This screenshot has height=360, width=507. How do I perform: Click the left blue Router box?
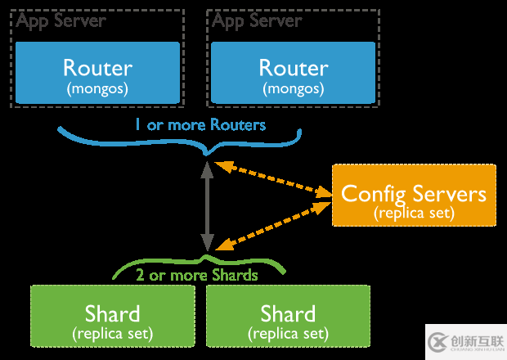point(97,74)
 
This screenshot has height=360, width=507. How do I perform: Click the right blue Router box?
point(294,74)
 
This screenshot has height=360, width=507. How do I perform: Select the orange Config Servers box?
point(414,195)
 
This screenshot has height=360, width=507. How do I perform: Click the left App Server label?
point(62,21)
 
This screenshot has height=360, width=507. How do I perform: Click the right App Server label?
point(258,21)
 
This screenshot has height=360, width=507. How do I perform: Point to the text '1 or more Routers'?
point(200,125)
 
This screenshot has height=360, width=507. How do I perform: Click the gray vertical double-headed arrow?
point(208,205)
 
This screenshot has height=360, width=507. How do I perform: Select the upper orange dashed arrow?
point(273,180)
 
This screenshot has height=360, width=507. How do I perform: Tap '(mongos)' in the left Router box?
point(97,87)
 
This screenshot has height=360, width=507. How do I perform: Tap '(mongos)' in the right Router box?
point(294,87)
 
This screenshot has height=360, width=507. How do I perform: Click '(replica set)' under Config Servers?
point(414,212)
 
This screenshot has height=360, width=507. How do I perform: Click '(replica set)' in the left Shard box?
point(112,333)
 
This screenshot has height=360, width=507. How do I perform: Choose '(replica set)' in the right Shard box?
point(288,333)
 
